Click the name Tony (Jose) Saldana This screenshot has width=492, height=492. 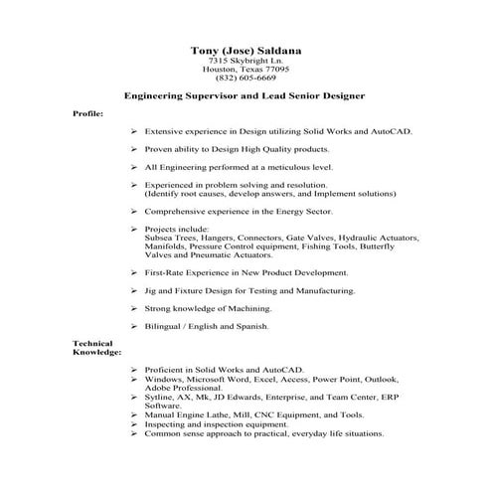click(246, 50)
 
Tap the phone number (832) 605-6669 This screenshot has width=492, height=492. click(246, 79)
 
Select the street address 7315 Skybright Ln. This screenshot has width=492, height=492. click(246, 61)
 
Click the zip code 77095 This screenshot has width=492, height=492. click(273, 70)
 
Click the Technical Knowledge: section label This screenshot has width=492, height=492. click(96, 348)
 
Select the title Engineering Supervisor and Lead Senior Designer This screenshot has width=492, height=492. click(246, 96)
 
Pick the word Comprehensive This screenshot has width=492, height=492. click(177, 211)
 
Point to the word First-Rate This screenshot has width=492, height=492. click(166, 272)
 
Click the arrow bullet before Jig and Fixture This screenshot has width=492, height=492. click(133, 290)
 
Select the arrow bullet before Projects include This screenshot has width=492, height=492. click(133, 229)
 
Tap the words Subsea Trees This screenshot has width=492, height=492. click(172, 238)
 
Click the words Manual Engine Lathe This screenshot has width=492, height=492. click(188, 414)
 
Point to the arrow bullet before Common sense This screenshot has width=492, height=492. click(133, 432)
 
